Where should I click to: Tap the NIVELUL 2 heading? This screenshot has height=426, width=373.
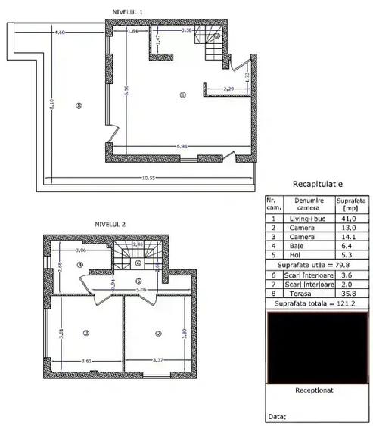(x=110, y=224)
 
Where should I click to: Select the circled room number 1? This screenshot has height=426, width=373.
(x=182, y=95)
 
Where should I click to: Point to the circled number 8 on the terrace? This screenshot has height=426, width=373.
(x=79, y=107)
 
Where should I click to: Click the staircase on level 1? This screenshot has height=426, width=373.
(x=209, y=45)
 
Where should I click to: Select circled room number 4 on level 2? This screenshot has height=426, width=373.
(x=79, y=265)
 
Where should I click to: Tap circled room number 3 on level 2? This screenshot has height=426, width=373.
(x=85, y=332)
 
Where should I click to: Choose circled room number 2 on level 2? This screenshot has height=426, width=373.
(x=158, y=333)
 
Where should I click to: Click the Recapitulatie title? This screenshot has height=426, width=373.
(x=317, y=185)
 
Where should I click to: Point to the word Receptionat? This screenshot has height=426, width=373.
(x=317, y=392)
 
